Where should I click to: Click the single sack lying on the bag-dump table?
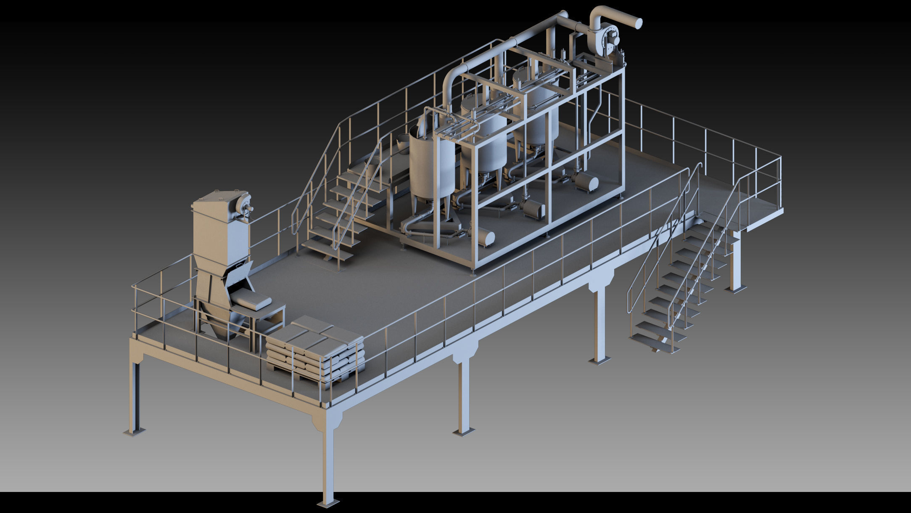[251, 300]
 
